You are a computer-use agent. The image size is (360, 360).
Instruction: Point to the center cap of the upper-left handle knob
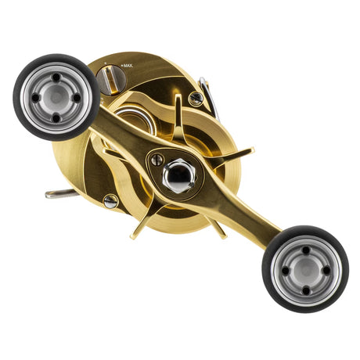pos(56,98)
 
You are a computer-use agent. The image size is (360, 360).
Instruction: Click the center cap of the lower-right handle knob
pos(305,270)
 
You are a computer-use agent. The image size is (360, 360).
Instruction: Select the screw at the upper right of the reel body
pos(195,99)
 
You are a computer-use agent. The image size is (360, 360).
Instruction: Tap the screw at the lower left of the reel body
pos(110,201)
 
